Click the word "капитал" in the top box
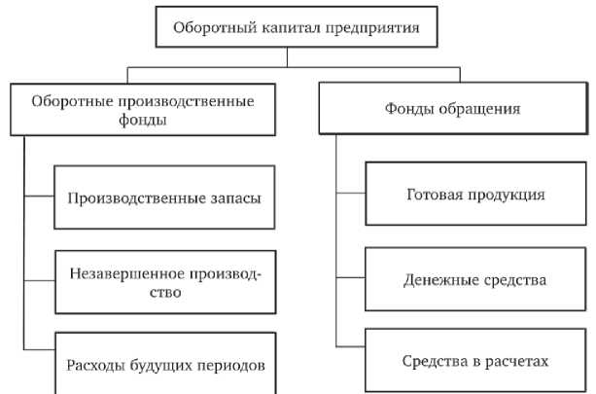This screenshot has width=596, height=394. tap(284, 28)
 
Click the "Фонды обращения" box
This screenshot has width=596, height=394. tap(451, 109)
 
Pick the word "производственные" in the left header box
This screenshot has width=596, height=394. tap(182, 101)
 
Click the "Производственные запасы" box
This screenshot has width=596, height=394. tap(164, 197)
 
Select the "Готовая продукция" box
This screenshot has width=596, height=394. tap(474, 195)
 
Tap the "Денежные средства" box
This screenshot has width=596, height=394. tap(474, 280)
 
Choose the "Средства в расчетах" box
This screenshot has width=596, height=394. tap(474, 361)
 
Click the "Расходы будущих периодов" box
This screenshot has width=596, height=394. tap(164, 365)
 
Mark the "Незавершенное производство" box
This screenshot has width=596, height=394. tap(164, 282)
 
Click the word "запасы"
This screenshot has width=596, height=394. tap(237, 197)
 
